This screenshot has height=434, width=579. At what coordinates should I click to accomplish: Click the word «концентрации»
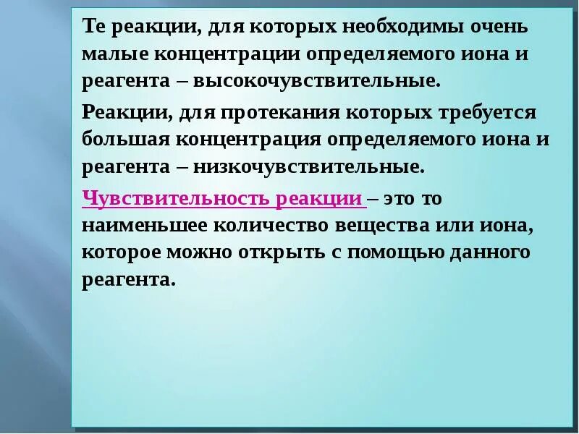point(227,54)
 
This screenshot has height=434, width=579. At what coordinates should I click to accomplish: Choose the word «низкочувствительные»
point(308,167)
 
